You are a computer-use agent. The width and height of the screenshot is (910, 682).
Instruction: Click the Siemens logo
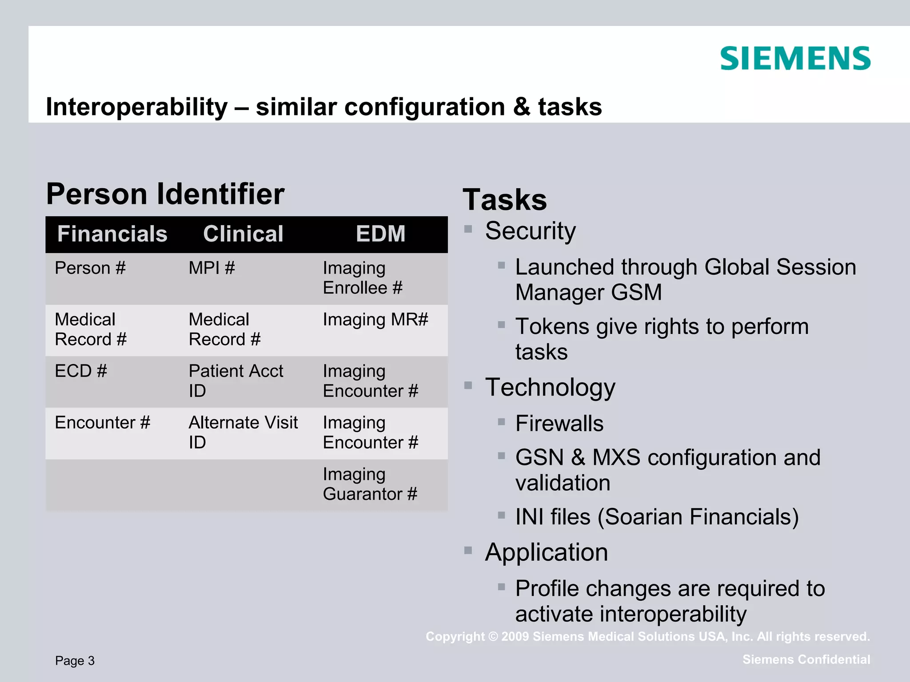pyautogui.click(x=795, y=59)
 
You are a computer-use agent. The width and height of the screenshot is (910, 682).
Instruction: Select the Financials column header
pyautogui.click(x=112, y=234)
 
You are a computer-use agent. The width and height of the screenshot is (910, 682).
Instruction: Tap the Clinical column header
pyautogui.click(x=243, y=234)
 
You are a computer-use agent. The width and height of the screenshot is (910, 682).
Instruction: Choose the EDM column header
pyautogui.click(x=380, y=234)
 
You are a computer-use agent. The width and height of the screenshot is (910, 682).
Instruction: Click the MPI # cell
pyautogui.click(x=212, y=268)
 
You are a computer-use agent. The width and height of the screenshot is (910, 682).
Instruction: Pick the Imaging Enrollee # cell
pyautogui.click(x=363, y=278)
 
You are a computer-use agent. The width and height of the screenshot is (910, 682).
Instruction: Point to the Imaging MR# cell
pyautogui.click(x=375, y=320)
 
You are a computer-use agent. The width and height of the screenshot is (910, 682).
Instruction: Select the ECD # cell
pyautogui.click(x=81, y=371)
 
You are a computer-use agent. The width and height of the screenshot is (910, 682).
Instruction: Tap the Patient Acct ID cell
pyautogui.click(x=235, y=381)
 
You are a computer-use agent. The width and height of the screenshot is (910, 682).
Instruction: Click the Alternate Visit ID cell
pyautogui.click(x=243, y=432)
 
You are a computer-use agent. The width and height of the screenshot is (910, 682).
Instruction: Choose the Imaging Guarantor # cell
pyautogui.click(x=370, y=484)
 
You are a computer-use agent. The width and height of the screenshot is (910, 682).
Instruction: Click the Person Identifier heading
pyautogui.click(x=165, y=194)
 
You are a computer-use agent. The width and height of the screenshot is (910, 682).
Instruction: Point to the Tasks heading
pyautogui.click(x=505, y=200)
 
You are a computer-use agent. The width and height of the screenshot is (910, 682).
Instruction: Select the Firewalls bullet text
pyautogui.click(x=559, y=423)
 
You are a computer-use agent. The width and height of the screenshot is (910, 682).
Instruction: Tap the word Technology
pyautogui.click(x=550, y=387)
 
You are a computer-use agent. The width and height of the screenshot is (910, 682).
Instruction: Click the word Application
pyautogui.click(x=547, y=552)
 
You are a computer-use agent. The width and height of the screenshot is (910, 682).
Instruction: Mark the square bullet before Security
pyautogui.click(x=468, y=229)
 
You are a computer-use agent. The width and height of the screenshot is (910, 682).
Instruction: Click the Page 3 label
pyautogui.click(x=75, y=661)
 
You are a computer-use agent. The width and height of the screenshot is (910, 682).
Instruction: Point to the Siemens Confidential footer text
pyautogui.click(x=806, y=659)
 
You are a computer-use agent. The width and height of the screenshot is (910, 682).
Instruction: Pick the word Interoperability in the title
pyautogui.click(x=137, y=107)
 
